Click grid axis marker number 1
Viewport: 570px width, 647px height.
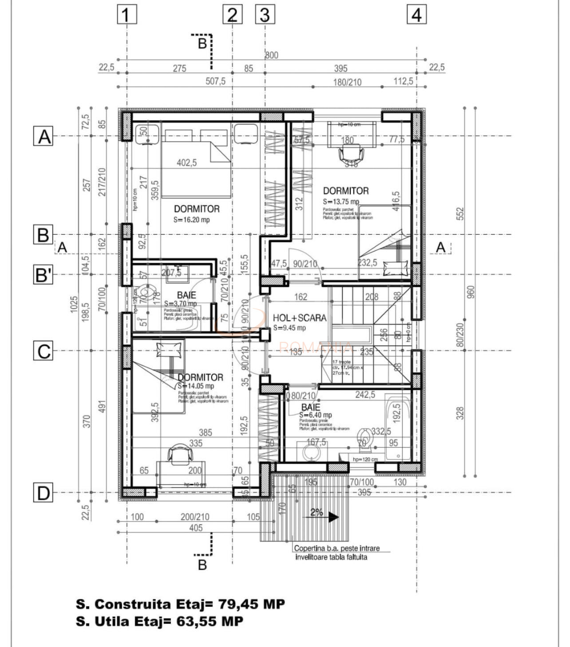click(127, 15)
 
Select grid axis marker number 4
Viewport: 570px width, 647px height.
click(416, 15)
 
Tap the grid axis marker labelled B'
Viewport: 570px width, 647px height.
click(44, 274)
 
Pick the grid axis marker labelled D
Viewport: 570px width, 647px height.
click(44, 493)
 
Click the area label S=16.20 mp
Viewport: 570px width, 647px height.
click(192, 220)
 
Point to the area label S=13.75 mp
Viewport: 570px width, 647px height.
click(341, 201)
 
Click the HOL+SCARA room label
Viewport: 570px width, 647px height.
click(299, 318)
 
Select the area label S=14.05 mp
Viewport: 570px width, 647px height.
click(196, 386)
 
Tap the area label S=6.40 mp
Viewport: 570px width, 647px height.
click(315, 415)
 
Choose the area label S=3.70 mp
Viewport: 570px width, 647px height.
click(180, 303)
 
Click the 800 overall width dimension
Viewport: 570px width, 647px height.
click(272, 55)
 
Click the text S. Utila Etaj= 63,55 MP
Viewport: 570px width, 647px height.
click(159, 621)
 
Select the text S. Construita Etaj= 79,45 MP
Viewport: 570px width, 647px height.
click(180, 604)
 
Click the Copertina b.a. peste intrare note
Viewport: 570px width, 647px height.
click(337, 548)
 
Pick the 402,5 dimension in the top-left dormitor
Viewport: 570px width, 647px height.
click(186, 163)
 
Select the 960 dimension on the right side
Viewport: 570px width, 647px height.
click(471, 291)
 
